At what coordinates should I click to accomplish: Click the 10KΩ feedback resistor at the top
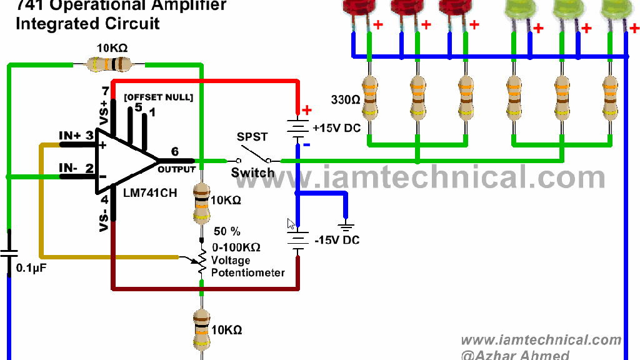pyautogui.click(x=109, y=63)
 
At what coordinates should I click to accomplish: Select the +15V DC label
pyautogui.click(x=337, y=128)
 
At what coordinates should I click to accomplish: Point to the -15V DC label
pyautogui.click(x=337, y=240)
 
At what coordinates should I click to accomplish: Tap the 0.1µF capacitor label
pyautogui.click(x=31, y=268)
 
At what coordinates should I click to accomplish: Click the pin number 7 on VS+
pyautogui.click(x=105, y=91)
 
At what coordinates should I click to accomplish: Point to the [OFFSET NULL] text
pyautogui.click(x=158, y=97)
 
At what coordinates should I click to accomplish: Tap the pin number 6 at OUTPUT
pyautogui.click(x=174, y=151)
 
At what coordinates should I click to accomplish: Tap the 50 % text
pyautogui.click(x=227, y=231)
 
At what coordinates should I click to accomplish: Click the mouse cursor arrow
pyautogui.click(x=290, y=224)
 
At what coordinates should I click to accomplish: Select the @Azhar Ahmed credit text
pyautogui.click(x=515, y=355)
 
